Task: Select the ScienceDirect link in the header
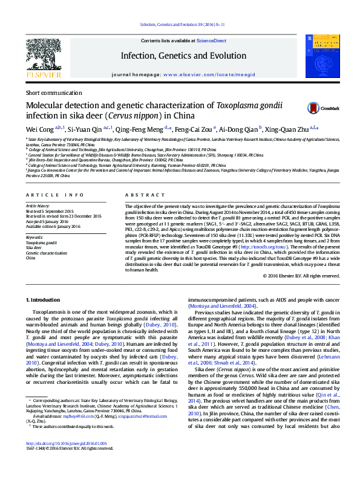point(211,41)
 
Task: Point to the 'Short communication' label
point(53,93)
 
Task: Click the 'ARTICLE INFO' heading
point(54,195)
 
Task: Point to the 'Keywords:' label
point(34,238)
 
